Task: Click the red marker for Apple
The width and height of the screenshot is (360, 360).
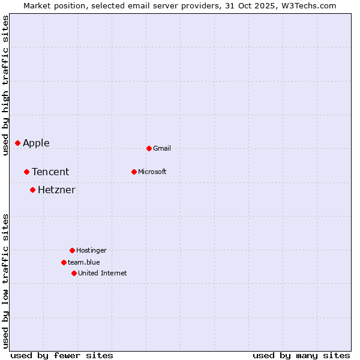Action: pos(18,143)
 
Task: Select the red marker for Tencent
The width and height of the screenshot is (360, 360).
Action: pos(26,172)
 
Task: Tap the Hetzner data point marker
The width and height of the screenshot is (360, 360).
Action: pos(32,190)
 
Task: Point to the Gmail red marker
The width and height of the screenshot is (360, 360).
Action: pos(149,148)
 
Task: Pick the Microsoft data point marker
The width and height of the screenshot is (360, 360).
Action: pos(134,172)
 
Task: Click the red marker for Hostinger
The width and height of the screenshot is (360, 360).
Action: pos(72,250)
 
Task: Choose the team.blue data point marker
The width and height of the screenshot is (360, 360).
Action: pos(64,262)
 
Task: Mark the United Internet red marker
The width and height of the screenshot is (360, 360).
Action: pos(74,273)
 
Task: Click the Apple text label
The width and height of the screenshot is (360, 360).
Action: pos(36,143)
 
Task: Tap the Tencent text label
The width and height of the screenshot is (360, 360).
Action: pos(50,172)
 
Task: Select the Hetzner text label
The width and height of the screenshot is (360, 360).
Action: pos(56,190)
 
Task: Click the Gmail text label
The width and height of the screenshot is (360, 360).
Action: pos(162,148)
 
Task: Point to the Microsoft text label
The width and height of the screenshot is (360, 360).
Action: pos(152,172)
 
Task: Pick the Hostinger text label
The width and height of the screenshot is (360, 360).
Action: pos(91,250)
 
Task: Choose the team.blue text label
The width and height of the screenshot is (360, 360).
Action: pos(84,262)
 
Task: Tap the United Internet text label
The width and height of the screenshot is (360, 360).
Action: pos(103,273)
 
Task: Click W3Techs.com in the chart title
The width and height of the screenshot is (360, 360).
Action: pos(307,5)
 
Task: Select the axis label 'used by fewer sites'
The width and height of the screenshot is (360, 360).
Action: pos(62,355)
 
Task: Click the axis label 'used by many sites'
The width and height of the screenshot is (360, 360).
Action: pos(301,355)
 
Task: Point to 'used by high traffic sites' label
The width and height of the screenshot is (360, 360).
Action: pos(5,85)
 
